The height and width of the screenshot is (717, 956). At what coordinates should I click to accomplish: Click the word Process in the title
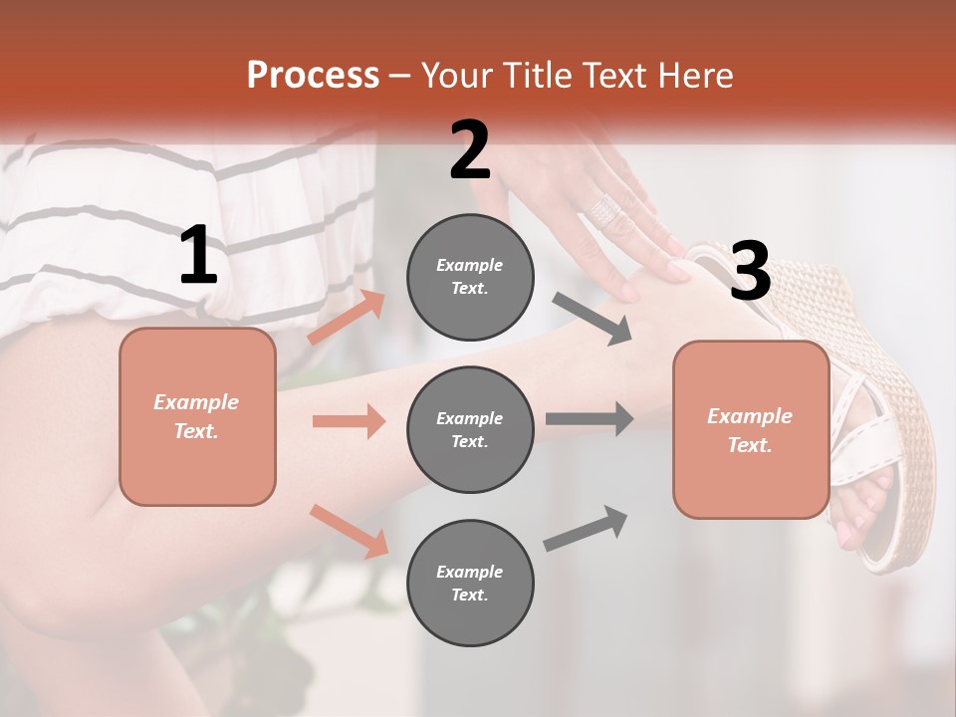click(x=313, y=76)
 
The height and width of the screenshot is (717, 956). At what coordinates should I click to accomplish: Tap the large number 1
click(x=198, y=256)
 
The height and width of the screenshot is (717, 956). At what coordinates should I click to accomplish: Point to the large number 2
click(x=470, y=151)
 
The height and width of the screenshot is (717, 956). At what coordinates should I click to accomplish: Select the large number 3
click(x=750, y=272)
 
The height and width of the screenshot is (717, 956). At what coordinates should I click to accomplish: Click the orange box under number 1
click(x=197, y=416)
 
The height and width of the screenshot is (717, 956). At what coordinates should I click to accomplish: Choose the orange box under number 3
click(x=751, y=429)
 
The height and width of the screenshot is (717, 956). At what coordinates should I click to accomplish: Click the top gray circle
click(x=470, y=277)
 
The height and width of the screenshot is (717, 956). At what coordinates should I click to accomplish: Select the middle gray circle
click(x=470, y=429)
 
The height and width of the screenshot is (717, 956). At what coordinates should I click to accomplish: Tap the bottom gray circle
click(x=470, y=583)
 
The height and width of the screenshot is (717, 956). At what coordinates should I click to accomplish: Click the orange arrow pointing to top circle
click(x=348, y=317)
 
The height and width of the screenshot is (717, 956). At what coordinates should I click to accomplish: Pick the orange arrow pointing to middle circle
click(x=349, y=421)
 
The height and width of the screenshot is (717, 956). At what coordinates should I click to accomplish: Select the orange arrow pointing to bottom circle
click(x=350, y=530)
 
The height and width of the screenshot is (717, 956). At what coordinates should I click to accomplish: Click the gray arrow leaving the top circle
click(x=594, y=320)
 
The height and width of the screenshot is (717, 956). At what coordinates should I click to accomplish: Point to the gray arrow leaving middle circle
click(x=590, y=418)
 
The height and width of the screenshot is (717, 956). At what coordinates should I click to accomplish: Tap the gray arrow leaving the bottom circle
click(x=586, y=528)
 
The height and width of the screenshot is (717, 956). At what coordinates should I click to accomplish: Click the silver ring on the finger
click(x=605, y=209)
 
